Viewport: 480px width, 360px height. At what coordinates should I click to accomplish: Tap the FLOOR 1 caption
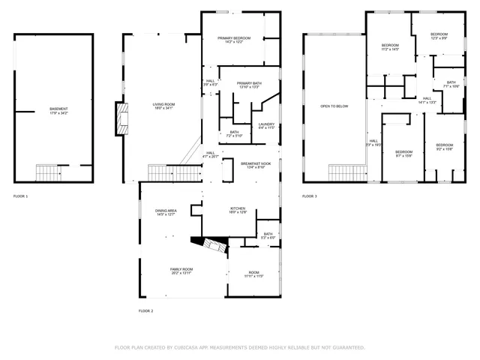coord(20,196)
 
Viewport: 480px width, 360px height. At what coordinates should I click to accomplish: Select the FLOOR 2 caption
coord(145,310)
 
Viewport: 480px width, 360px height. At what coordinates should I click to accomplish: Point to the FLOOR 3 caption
coord(310,196)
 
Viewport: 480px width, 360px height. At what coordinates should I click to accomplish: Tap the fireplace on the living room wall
coord(120,118)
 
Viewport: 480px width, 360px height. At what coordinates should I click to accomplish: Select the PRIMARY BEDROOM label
coord(234,39)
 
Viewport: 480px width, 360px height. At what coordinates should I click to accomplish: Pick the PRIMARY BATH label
coord(247,84)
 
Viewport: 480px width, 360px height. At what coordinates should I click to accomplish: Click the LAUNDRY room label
coord(265,124)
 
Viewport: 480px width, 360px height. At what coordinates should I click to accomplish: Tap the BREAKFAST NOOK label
coord(256,163)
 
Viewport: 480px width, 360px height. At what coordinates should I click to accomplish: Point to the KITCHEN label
coord(238,209)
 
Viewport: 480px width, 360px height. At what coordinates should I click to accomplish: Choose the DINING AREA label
coord(166,211)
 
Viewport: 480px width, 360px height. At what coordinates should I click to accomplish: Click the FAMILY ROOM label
coord(181,269)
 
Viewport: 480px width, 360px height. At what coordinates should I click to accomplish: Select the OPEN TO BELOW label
coord(334,106)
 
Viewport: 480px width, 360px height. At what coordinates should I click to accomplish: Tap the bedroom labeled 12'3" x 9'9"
coord(439,37)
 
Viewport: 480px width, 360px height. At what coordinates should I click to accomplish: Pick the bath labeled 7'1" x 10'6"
coord(451,86)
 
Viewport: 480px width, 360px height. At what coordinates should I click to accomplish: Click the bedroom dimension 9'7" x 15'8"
coord(403,156)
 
